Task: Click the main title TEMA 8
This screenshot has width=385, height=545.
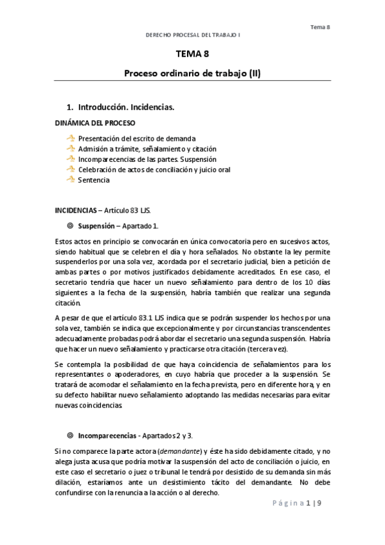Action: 192,55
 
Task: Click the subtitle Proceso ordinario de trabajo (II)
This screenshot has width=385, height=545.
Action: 192,73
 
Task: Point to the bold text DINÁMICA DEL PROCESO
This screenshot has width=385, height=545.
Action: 94,122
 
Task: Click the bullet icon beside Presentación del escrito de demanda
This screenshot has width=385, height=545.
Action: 71,138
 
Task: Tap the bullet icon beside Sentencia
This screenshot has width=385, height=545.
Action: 71,180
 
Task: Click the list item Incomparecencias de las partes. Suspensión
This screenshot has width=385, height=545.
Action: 147,159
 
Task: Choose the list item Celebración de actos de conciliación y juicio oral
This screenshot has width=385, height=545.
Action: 154,170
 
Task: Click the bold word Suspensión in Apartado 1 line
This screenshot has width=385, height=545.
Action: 96,226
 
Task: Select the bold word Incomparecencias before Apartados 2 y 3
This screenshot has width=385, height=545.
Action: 107,434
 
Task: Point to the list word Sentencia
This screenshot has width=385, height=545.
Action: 94,180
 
